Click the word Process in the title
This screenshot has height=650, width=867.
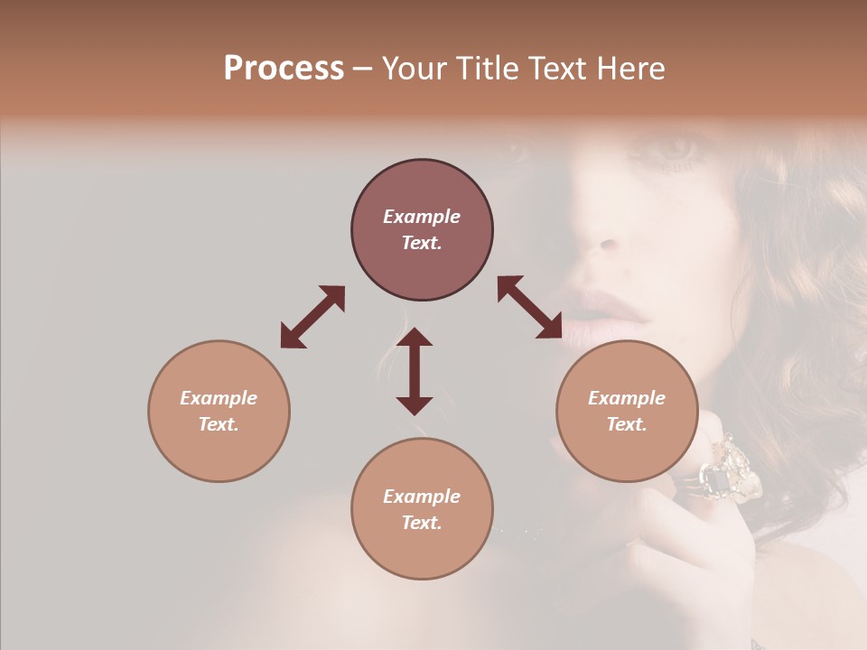coord(284,69)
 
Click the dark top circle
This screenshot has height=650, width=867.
coord(422,230)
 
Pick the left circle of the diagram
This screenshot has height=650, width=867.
coord(219,411)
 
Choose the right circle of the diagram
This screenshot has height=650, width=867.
coord(627,411)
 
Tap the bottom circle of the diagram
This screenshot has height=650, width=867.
coord(422,509)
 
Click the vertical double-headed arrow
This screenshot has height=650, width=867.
coord(415,371)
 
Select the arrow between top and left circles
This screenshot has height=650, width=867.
coord(312,317)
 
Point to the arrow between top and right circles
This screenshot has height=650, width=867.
coord(530,308)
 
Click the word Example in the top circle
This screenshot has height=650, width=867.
coord(422,217)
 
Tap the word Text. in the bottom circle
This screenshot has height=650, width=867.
coord(422,523)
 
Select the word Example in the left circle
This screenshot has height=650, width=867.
coord(219,398)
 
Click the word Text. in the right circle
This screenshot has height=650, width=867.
coord(627,424)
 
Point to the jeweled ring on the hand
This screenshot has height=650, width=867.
coord(730,471)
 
